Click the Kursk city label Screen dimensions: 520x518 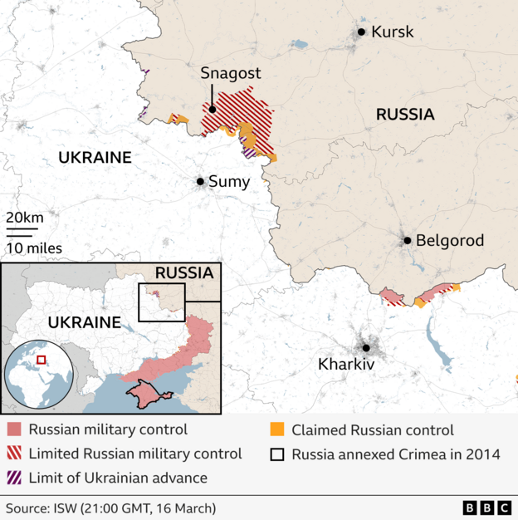(393, 32)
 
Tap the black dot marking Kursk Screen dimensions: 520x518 (361, 32)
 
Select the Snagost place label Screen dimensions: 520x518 (230, 73)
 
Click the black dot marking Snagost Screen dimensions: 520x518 (213, 108)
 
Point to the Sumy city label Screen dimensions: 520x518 (228, 181)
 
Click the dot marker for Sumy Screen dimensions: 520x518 (200, 181)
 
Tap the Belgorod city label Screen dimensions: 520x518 (449, 241)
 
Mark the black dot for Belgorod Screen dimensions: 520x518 (407, 241)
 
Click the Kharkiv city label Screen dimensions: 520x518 (346, 364)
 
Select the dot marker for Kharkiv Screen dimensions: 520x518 (364, 348)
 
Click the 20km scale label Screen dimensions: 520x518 (24, 217)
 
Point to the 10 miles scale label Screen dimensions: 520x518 (34, 248)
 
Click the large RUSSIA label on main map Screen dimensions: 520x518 (405, 115)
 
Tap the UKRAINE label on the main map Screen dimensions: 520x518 (95, 157)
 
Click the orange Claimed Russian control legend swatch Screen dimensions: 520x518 (276, 430)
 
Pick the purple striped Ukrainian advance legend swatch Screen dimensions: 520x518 (14, 478)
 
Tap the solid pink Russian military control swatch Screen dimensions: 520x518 (14, 430)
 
